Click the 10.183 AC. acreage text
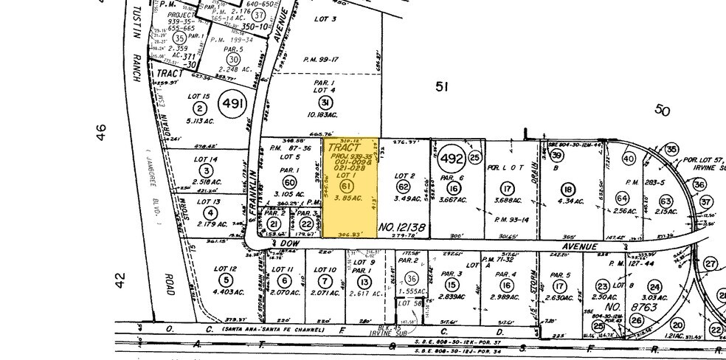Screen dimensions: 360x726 [x=325, y=114]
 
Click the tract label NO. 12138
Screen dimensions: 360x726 [x=401, y=229]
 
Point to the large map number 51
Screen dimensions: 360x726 [x=441, y=87]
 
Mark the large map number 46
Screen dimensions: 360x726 [x=102, y=133]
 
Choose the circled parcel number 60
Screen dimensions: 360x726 [x=289, y=182]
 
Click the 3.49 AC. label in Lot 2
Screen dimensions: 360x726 [x=404, y=198]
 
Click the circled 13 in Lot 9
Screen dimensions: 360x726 [x=364, y=281]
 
